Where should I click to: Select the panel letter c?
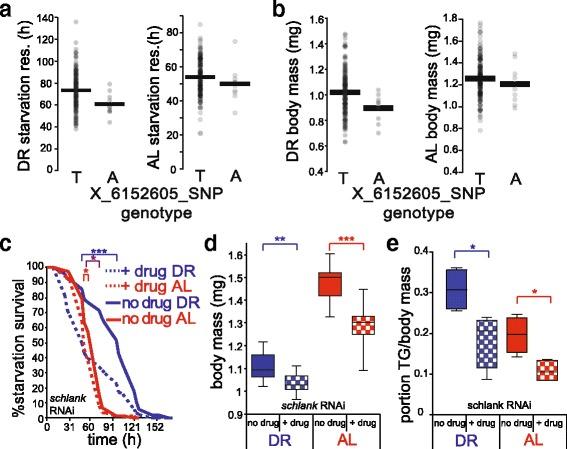click(8, 238)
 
